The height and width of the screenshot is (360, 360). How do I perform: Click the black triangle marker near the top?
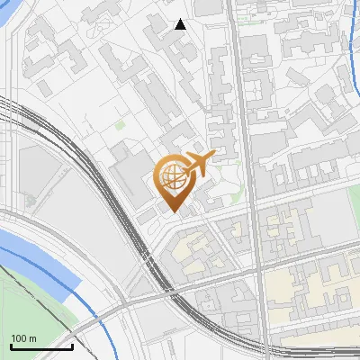click(180, 24)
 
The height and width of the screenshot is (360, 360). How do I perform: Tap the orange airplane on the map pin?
click(199, 165)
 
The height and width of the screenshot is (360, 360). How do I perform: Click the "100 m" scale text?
click(23, 338)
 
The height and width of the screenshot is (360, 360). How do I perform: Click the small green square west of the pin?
click(120, 126)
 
